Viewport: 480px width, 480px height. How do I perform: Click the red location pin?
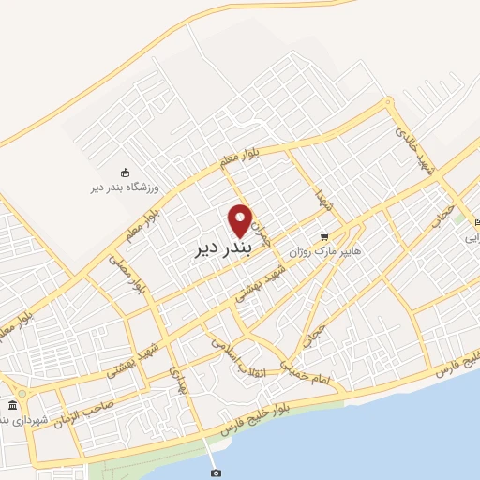tap(241, 220)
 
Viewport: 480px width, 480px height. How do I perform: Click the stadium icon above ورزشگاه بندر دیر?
tap(125, 172)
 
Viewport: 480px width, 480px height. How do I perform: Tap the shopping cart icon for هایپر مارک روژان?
tap(324, 237)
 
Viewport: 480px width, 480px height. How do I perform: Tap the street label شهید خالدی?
tap(413, 151)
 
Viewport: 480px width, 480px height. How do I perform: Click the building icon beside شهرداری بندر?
tap(12, 405)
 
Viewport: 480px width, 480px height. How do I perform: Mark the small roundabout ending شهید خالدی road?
tap(386, 103)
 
